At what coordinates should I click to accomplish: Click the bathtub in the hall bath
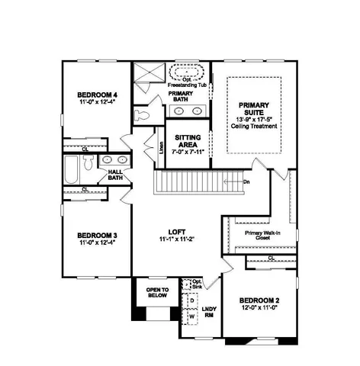point(71,171)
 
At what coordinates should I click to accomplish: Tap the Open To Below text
point(156,291)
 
